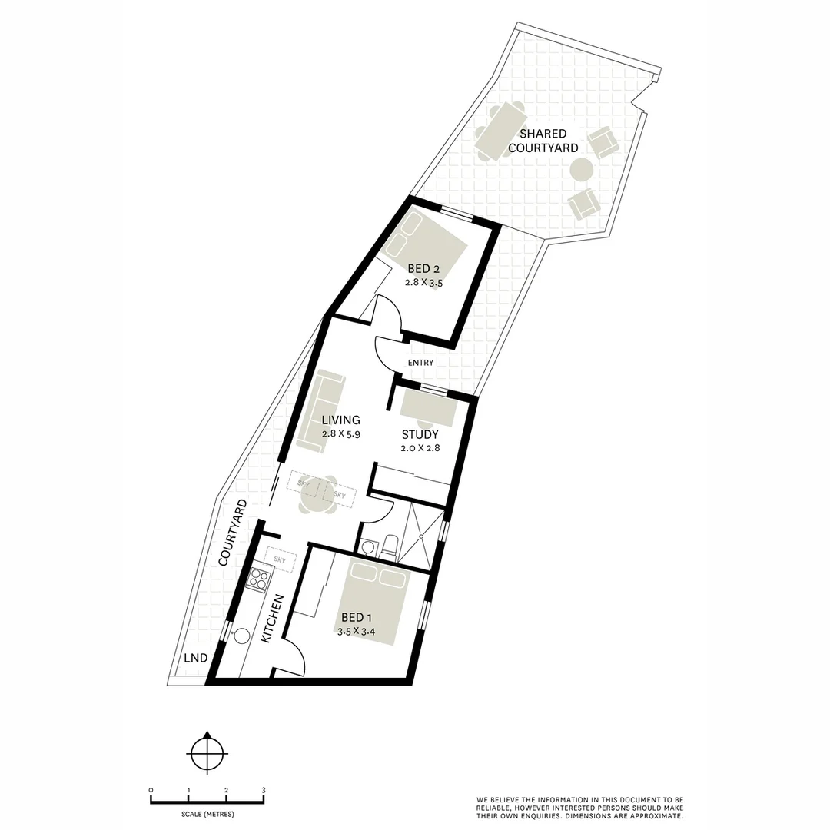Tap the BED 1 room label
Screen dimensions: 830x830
click(357, 617)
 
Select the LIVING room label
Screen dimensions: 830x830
click(341, 420)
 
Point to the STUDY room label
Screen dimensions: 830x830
click(420, 434)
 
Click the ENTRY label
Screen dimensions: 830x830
click(421, 363)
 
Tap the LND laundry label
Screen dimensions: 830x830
click(196, 658)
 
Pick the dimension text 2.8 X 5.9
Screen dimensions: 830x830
click(341, 434)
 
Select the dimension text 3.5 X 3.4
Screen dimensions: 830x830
click(357, 632)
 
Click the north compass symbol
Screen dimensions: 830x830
click(207, 751)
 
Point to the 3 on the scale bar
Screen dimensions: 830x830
click(264, 790)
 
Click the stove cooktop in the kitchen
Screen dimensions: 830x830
click(259, 578)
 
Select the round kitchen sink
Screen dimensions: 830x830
click(243, 636)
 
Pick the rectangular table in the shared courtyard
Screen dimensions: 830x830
click(500, 131)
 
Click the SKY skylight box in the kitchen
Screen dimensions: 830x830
click(280, 560)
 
